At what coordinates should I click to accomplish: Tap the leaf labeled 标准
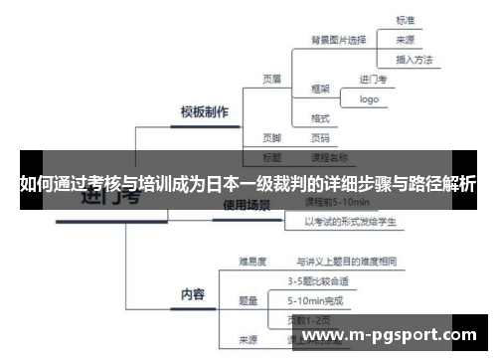pos(406,19)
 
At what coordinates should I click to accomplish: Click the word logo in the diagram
pos(370,98)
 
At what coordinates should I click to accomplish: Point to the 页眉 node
pos(272,78)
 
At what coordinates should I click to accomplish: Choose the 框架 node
pos(320,88)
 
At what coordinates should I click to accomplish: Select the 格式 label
pos(320,118)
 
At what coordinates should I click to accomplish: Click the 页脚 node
pos(272,137)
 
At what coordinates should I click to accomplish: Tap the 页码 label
pos(320,137)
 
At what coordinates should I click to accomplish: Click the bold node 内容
pos(192,293)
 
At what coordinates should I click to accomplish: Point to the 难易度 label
pos(250,263)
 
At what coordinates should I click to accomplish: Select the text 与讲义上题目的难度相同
pos(347,263)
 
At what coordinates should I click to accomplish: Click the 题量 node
pos(248,299)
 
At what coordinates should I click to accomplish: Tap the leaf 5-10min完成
pos(316,299)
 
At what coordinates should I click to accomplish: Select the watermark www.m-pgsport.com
pos(395,335)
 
